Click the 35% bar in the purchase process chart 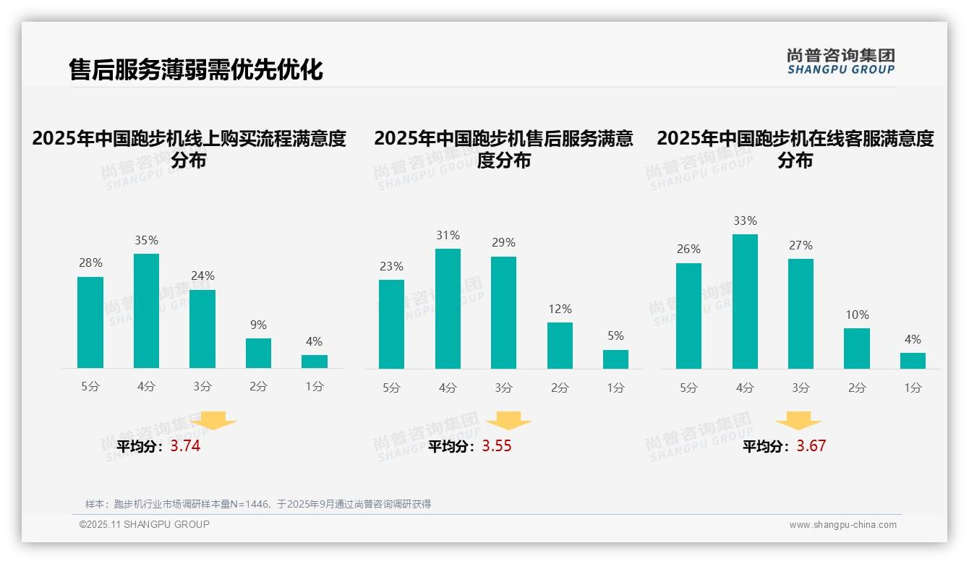click(x=146, y=311)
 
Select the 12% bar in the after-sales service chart click(x=560, y=346)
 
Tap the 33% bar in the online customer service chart click(x=745, y=302)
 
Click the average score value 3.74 click(x=185, y=446)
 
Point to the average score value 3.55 click(x=497, y=446)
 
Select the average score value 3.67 click(x=811, y=446)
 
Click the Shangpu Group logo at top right click(x=840, y=61)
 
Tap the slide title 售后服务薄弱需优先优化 click(x=195, y=69)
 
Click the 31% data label click(x=448, y=236)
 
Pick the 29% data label click(x=504, y=243)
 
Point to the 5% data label click(x=615, y=336)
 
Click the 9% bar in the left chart click(x=258, y=354)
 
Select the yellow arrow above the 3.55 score click(x=508, y=421)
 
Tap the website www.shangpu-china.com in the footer click(x=842, y=525)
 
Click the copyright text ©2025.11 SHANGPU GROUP click(x=145, y=524)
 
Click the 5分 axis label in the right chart click(x=688, y=388)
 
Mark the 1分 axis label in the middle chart click(x=615, y=388)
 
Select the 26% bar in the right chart click(x=688, y=316)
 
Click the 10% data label click(x=857, y=315)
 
